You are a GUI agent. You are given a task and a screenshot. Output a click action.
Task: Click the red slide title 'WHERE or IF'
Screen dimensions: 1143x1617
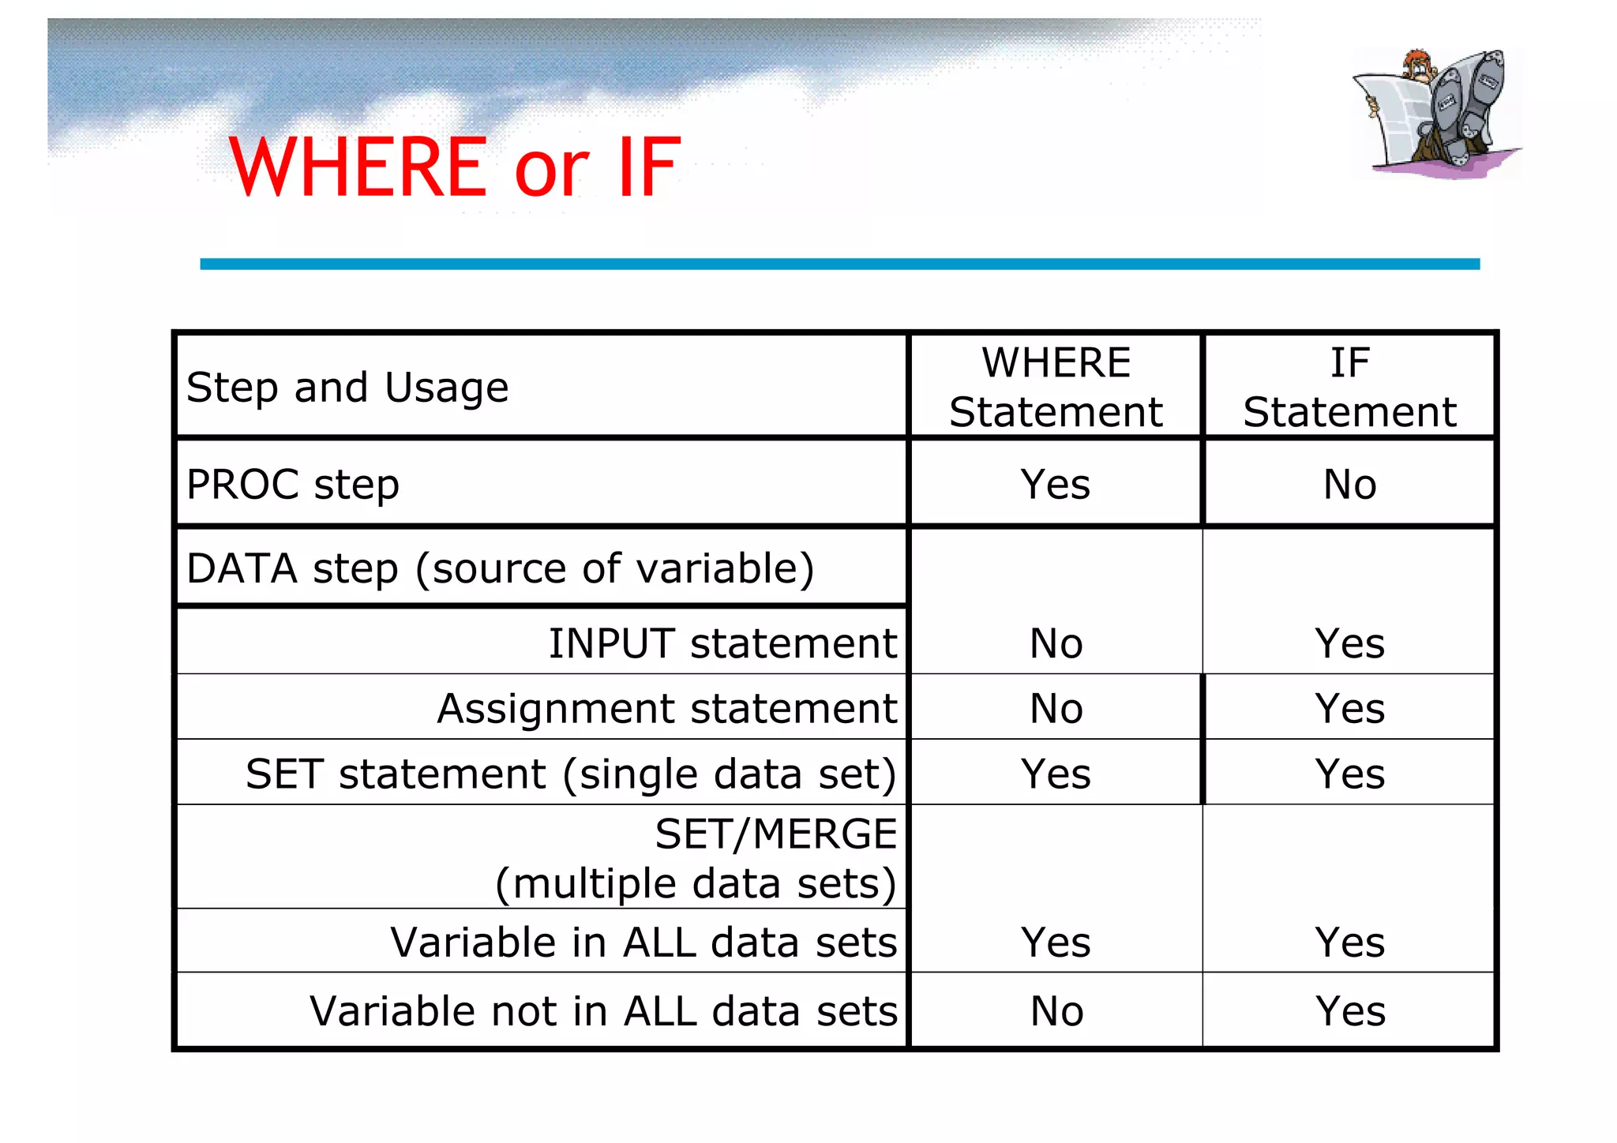point(454,167)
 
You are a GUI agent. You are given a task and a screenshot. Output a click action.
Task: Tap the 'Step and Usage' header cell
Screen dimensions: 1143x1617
point(347,388)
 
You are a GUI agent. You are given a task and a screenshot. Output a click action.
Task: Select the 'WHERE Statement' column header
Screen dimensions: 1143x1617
point(1056,388)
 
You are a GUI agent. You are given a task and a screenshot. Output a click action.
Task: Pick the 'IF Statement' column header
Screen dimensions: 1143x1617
point(1349,388)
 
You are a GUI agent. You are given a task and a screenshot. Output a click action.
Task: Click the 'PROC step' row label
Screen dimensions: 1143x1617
point(293,484)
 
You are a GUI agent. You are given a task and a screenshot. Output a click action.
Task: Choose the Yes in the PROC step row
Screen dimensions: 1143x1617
point(1056,484)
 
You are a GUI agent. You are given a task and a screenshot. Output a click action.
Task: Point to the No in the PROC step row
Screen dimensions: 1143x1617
point(1349,484)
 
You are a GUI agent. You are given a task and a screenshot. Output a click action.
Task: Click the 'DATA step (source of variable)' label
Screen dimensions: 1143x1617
point(501,568)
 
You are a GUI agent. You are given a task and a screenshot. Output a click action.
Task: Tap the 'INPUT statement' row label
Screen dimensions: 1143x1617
point(722,643)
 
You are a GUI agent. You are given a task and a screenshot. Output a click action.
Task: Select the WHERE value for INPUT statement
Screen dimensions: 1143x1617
point(1056,643)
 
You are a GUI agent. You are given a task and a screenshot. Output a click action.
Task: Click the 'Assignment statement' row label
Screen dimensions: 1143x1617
point(667,708)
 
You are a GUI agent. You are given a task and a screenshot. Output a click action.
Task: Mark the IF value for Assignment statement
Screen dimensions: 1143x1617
point(1349,708)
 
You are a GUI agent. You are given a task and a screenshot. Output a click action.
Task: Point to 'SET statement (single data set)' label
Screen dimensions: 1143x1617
point(571,774)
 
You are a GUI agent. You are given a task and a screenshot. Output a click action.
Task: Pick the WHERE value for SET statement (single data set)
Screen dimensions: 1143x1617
point(1056,774)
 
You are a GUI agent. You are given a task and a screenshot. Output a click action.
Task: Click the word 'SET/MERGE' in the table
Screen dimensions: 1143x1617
point(775,834)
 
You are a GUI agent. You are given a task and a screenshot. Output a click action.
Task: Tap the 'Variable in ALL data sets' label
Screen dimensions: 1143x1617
point(643,942)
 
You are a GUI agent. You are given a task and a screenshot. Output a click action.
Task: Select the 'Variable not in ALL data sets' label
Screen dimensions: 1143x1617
point(603,1010)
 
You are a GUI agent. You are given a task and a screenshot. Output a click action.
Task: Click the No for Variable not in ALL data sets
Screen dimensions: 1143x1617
point(1056,1010)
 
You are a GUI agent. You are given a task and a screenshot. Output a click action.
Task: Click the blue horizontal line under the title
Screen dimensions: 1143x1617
point(839,264)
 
